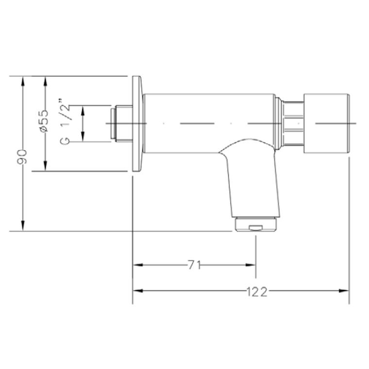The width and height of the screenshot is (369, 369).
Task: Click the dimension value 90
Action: point(22,156)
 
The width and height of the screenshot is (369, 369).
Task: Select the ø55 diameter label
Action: point(44,121)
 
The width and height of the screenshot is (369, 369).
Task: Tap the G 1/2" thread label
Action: point(65,122)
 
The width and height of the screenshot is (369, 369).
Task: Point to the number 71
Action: point(194,265)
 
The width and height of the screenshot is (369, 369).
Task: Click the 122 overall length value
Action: point(257,292)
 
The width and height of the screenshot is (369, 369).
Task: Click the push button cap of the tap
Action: point(326,124)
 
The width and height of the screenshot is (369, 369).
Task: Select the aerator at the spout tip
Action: point(256,224)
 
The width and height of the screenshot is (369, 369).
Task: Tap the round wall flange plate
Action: point(137,124)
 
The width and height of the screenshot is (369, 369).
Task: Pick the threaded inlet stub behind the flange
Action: point(121,124)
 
